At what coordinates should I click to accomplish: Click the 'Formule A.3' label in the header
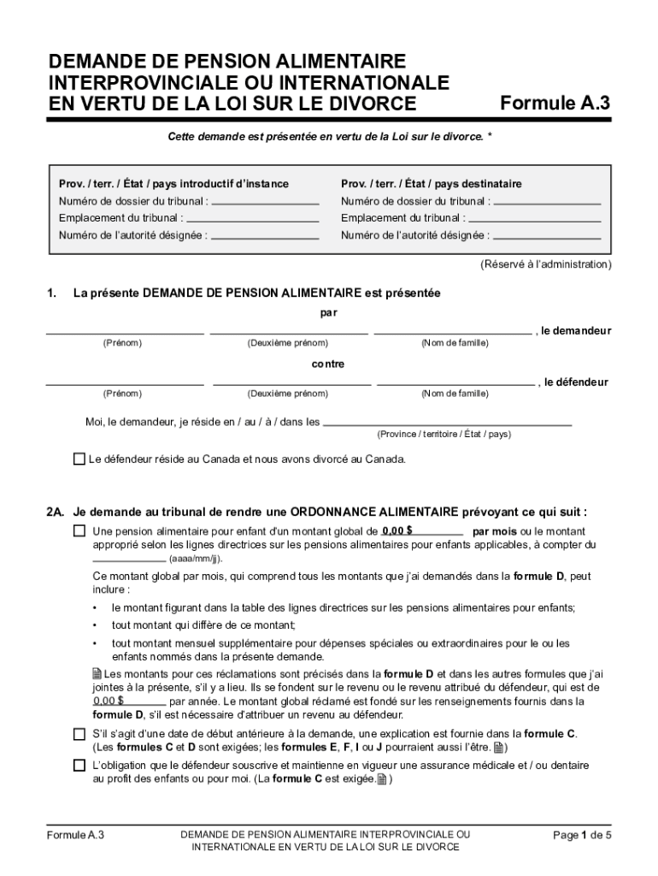click(555, 104)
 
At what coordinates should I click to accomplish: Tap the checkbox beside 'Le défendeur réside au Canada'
click(79, 459)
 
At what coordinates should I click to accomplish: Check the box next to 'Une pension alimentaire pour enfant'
click(79, 531)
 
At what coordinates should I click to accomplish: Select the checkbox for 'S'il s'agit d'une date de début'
click(79, 734)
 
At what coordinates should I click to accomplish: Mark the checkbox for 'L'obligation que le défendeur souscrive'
click(79, 765)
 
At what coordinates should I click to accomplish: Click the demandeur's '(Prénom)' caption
click(122, 343)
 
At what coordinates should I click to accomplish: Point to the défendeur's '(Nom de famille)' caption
click(455, 394)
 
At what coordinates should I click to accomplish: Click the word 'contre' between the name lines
click(328, 364)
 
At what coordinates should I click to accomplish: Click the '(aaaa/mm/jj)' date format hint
click(196, 558)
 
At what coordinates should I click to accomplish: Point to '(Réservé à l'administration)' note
click(545, 264)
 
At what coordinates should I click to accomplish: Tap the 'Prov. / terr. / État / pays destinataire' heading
click(431, 184)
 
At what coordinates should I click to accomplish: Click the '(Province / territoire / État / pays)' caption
click(444, 434)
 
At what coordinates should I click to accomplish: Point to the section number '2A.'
click(56, 512)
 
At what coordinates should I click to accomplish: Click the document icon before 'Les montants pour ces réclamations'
click(97, 673)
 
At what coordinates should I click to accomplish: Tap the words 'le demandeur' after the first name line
click(576, 330)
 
